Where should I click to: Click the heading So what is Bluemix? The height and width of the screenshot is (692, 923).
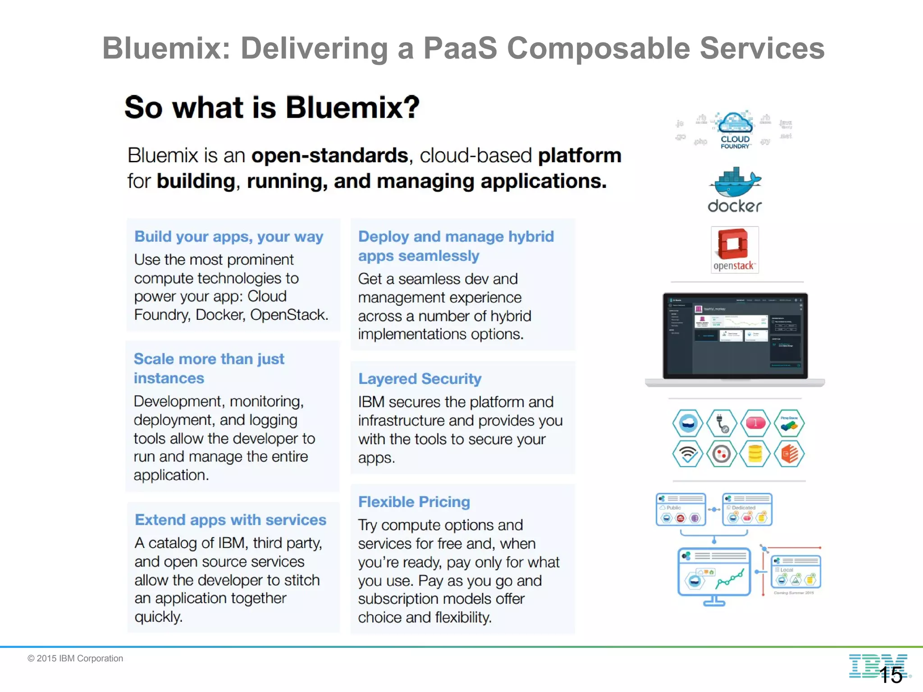[272, 108]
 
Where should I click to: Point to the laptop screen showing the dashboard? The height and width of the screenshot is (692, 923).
[735, 336]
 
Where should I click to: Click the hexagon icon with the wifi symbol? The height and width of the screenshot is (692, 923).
[687, 454]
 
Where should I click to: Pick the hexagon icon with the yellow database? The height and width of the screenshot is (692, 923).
[755, 454]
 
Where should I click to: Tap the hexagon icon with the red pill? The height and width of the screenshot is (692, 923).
[755, 423]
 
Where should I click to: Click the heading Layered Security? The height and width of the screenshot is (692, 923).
[420, 379]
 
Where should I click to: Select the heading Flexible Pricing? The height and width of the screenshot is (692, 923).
[414, 502]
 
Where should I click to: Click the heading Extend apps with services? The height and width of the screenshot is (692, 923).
[230, 520]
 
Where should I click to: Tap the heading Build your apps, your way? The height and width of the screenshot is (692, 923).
[228, 237]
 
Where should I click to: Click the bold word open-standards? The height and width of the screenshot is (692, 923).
[329, 156]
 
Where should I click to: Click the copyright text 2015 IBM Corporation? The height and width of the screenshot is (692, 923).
[75, 658]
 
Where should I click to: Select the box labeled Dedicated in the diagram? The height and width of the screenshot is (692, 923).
[747, 510]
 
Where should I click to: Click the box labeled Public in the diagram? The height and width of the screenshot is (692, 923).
[681, 510]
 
